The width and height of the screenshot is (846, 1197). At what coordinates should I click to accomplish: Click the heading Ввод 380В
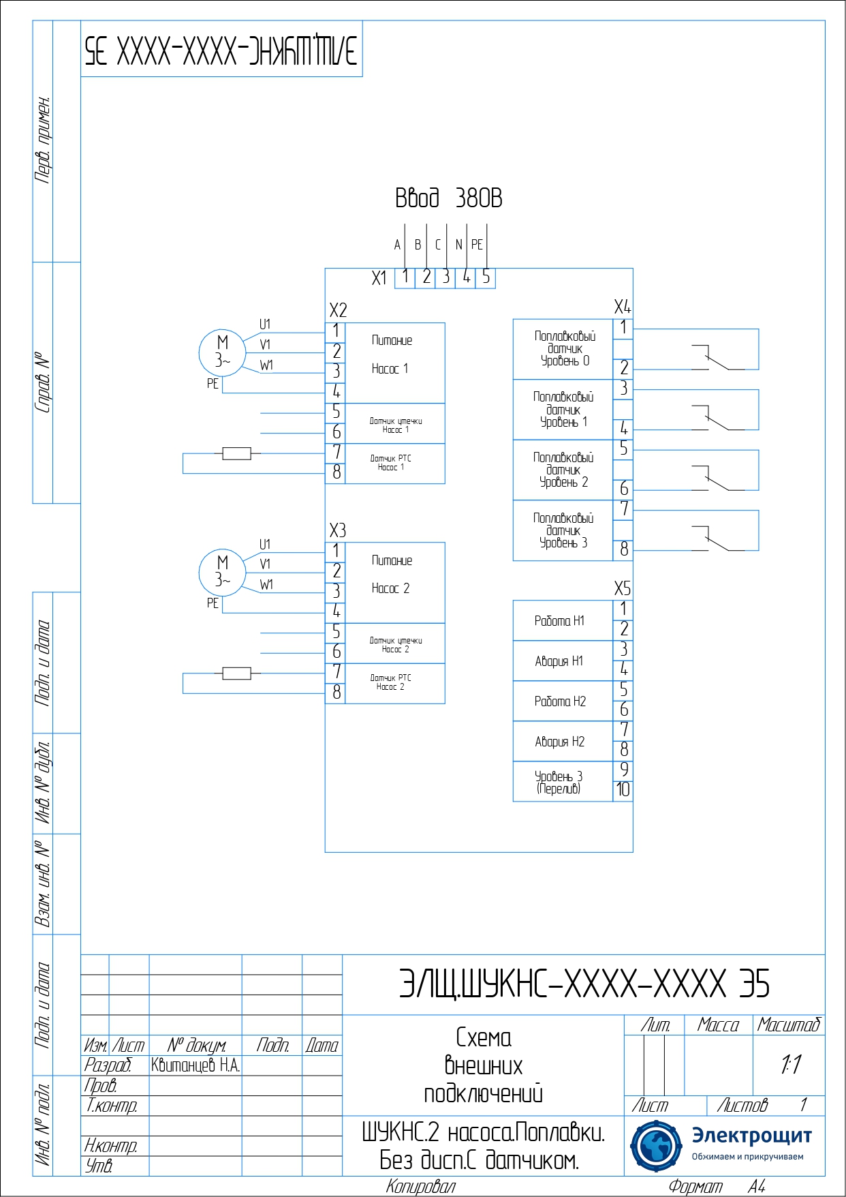[448, 198]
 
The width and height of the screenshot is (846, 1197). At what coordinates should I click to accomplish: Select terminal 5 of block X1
[486, 277]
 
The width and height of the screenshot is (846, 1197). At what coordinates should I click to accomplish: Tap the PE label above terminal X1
[477, 245]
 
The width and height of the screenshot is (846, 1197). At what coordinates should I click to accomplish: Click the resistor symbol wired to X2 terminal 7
[236, 453]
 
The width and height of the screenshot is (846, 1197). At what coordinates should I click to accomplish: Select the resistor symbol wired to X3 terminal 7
[236, 673]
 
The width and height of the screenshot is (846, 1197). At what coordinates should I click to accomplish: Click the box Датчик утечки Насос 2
[395, 644]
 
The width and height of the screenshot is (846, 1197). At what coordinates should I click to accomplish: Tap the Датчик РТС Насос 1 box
[395, 464]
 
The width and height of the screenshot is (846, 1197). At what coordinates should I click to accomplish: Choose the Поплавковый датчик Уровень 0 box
[563, 349]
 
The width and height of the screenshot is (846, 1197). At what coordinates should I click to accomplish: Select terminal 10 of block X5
[623, 790]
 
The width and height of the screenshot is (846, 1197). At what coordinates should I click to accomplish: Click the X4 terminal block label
[622, 307]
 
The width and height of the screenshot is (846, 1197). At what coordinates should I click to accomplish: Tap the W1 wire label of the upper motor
[266, 365]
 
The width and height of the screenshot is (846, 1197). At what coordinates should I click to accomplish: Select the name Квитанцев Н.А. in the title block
[195, 1065]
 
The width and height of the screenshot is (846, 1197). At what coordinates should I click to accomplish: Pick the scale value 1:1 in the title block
[790, 1064]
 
